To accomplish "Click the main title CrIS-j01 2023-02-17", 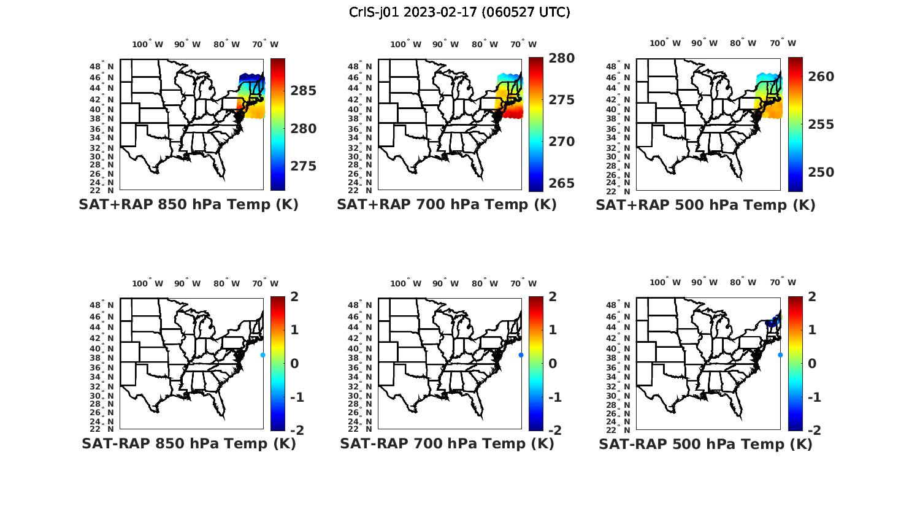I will pos(459,12).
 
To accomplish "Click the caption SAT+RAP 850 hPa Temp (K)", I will pos(188,205).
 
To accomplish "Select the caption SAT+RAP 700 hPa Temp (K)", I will pos(447,205).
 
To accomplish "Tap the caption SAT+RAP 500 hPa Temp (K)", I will pos(705,205).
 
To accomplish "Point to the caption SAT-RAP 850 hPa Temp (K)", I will pos(188,443).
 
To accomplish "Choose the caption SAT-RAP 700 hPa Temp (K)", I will pos(447,443).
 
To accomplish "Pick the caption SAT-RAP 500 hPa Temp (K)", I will pos(705,443).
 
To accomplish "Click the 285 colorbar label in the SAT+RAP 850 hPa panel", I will pos(304,91).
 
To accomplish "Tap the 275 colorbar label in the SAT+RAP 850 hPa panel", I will pos(304,166).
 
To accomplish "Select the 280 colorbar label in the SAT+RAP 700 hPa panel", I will pos(562,58).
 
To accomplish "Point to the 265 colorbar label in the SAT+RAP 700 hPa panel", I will pos(562,183).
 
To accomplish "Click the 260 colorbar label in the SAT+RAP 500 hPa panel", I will pos(821,77).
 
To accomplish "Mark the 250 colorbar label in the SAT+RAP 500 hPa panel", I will pos(821,172).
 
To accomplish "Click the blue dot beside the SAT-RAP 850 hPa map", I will pos(263,355).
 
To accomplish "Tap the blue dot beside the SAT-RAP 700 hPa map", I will pos(521,355).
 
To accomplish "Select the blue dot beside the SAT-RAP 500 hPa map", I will pos(780,355).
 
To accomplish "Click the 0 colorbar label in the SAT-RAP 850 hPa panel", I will pos(295,364).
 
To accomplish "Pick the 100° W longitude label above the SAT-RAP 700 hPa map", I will pos(405,283).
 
